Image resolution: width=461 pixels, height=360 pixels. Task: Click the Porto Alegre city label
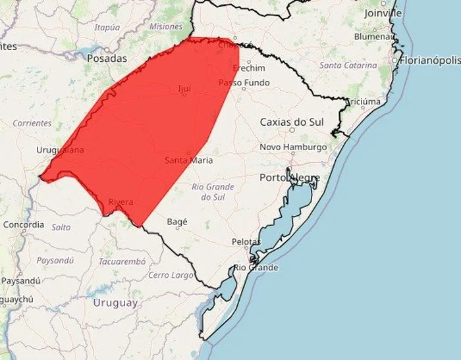tap(290, 178)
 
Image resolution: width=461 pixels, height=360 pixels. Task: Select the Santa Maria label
tap(187, 160)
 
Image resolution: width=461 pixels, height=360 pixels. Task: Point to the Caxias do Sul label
tap(292, 122)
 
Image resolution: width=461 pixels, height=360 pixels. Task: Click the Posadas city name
tap(107, 59)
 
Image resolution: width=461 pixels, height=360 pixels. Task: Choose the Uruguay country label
tap(116, 303)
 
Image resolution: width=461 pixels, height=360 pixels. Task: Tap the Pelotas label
tap(246, 242)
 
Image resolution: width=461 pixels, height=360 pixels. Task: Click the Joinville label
tap(382, 13)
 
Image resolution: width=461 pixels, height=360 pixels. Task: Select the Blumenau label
tap(373, 38)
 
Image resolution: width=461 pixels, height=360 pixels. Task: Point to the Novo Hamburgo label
tap(293, 147)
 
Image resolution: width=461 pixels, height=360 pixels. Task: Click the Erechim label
tap(249, 68)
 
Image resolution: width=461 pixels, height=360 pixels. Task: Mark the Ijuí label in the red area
tap(184, 88)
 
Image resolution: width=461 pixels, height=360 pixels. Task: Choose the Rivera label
tap(120, 201)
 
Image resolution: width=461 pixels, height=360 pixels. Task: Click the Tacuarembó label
tap(122, 261)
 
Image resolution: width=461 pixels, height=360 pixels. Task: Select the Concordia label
tap(24, 224)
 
